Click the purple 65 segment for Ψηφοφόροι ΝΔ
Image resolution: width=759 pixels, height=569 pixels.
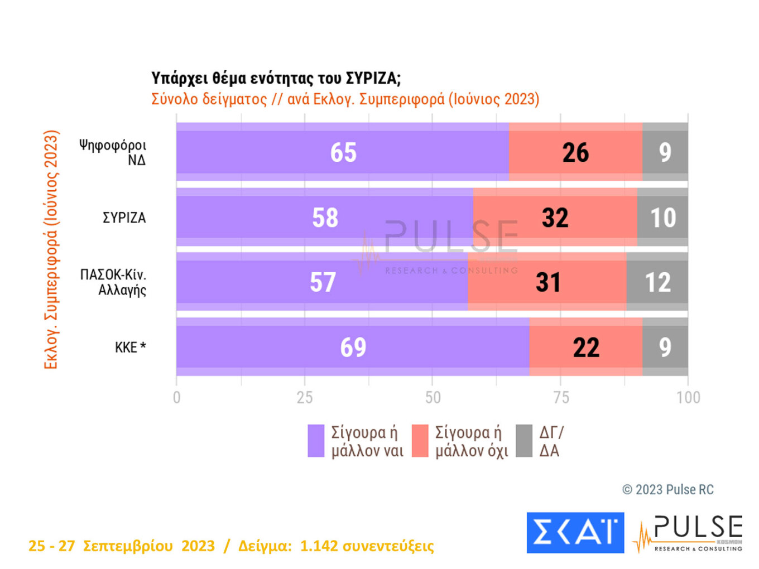342,152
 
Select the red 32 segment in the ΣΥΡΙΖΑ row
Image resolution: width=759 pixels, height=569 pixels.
555,218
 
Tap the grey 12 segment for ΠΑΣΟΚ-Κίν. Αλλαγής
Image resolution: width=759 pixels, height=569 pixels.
657,282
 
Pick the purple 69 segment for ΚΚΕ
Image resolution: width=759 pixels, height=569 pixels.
353,347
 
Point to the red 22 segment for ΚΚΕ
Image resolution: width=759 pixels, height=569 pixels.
586,347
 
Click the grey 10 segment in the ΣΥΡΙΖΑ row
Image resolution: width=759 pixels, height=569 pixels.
662,218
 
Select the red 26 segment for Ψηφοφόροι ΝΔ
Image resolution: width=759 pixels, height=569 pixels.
575,152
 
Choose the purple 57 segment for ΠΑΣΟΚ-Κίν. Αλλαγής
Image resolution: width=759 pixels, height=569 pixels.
322,282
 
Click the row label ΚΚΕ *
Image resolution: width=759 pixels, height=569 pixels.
130,348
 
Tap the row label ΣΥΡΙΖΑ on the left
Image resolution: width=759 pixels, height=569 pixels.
124,218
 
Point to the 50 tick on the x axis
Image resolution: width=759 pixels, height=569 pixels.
433,397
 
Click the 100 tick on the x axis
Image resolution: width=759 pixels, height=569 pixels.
688,397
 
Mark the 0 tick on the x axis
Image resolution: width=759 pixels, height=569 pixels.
177,397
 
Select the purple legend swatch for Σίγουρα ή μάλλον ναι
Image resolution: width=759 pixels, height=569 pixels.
316,441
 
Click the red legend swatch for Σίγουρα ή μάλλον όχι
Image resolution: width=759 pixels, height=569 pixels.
420,441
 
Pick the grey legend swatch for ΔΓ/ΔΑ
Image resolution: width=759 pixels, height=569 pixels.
524,441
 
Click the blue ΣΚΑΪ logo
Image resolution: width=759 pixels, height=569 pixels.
575,533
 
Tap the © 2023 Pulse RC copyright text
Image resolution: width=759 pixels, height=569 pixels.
667,490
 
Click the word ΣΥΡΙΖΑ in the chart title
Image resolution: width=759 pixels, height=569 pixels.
371,78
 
